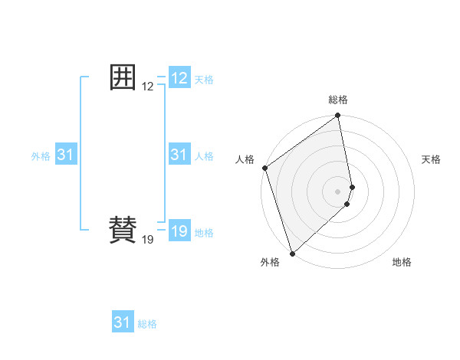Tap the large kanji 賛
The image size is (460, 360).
coord(123,229)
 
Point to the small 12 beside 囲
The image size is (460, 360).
coord(148,87)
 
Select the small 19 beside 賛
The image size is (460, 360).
coord(148,240)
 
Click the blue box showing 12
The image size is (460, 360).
coord(179,77)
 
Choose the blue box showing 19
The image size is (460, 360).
coord(179,231)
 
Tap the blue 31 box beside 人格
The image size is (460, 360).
coord(179,155)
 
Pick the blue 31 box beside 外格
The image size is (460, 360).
coord(66,155)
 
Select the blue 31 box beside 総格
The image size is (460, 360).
coord(123,322)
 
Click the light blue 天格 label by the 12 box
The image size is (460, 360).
coord(204,80)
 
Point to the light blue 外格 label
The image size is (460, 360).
coord(41,156)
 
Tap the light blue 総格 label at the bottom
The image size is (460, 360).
coord(147,324)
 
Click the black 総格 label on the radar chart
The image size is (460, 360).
coord(338,100)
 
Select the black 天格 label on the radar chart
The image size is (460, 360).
coord(432,159)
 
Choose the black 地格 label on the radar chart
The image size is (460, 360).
coord(402,262)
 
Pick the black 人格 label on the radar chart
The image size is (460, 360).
coord(245,159)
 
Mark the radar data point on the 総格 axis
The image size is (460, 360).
coord(338,116)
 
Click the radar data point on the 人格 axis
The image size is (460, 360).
coord(264,168)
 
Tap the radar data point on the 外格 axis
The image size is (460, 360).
coord(292,253)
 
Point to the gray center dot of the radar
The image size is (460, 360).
coord(338,191)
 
